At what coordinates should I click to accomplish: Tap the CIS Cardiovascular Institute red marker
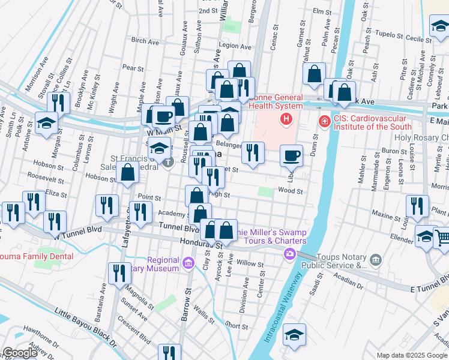pyautogui.click(x=324, y=122)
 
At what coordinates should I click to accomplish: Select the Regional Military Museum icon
pyautogui.click(x=188, y=263)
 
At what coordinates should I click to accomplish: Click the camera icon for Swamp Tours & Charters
pyautogui.click(x=289, y=254)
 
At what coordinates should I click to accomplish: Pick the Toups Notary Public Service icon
pyautogui.click(x=376, y=260)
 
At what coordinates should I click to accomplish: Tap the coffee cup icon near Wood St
pyautogui.click(x=291, y=156)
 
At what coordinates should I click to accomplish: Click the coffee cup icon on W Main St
pyautogui.click(x=163, y=116)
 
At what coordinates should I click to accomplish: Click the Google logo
pyautogui.click(x=20, y=353)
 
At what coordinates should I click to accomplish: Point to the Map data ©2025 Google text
pyautogui.click(x=412, y=355)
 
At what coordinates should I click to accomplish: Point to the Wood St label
pyautogui.click(x=290, y=191)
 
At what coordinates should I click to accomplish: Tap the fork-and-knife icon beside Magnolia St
pyautogui.click(x=119, y=274)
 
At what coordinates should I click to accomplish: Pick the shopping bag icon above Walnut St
pyautogui.click(x=314, y=74)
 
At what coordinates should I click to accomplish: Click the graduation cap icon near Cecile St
pyautogui.click(x=440, y=26)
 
